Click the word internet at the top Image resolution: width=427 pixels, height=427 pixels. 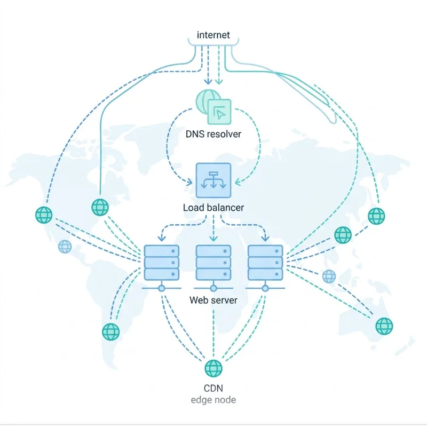pyautogui.click(x=213, y=35)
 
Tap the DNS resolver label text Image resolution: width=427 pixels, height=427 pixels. pyautogui.click(x=213, y=134)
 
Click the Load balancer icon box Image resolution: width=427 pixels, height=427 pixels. pyautogui.click(x=213, y=180)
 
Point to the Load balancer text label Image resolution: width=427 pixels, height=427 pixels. pyautogui.click(x=213, y=207)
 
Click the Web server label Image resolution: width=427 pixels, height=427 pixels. pyautogui.click(x=213, y=300)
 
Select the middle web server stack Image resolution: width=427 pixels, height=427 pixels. pyautogui.click(x=213, y=263)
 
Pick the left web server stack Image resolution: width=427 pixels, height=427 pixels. pyautogui.click(x=161, y=263)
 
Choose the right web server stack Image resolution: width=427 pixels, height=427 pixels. pyautogui.click(x=265, y=263)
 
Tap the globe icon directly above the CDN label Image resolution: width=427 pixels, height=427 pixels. pyautogui.click(x=213, y=368)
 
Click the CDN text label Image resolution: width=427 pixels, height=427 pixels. pyautogui.click(x=213, y=388)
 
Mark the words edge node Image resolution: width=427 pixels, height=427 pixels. pyautogui.click(x=213, y=400)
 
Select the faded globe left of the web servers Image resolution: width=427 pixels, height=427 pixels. pyautogui.click(x=65, y=247)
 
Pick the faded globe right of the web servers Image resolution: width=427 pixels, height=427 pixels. pyautogui.click(x=329, y=276)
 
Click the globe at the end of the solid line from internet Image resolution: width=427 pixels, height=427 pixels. pyautogui.click(x=100, y=207)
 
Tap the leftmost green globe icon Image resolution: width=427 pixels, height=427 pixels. pyautogui.click(x=44, y=215)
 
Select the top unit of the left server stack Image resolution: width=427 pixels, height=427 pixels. pyautogui.click(x=161, y=251)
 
